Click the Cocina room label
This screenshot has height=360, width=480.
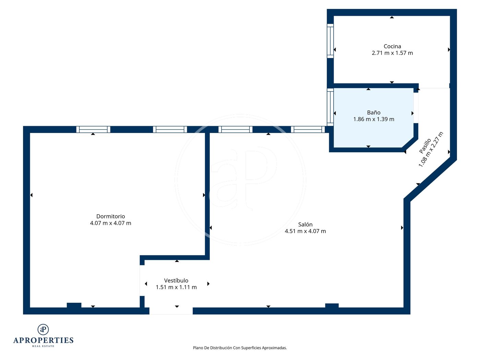click(392, 46)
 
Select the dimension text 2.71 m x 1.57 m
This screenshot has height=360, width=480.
click(392, 53)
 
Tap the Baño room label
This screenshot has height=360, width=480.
click(373, 112)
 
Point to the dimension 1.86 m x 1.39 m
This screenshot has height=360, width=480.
click(373, 119)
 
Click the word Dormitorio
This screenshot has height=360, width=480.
click(111, 216)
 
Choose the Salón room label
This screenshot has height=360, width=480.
click(305, 224)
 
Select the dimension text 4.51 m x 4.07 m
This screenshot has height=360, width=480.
click(305, 231)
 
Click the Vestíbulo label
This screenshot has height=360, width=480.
click(176, 280)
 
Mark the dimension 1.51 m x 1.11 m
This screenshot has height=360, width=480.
click(176, 287)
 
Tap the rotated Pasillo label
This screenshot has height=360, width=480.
click(425, 146)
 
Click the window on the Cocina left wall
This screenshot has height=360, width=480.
click(330, 41)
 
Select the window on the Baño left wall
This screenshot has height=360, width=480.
click(330, 107)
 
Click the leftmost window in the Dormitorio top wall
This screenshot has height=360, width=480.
click(93, 129)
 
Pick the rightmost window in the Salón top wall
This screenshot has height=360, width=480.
click(308, 129)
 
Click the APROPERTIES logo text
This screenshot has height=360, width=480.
click(43, 340)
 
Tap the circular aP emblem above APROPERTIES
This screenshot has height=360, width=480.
click(43, 329)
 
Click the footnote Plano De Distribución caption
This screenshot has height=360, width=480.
click(240, 348)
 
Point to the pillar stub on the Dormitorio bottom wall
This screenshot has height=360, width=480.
click(74, 305)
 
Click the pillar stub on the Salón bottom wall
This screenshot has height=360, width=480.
click(332, 305)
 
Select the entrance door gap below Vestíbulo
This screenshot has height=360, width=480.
click(171, 311)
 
